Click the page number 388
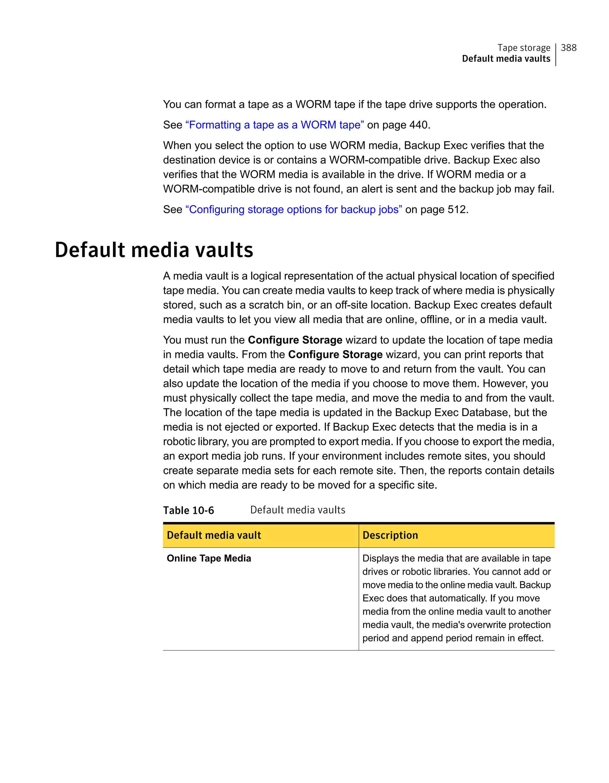pos(569,48)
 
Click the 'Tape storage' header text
pos(524,48)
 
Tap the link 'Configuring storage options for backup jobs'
pos(293,209)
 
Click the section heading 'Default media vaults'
pos(154,250)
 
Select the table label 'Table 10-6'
pos(189,510)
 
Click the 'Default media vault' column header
pos(214,535)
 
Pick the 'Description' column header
pos(390,535)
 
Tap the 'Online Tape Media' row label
pos(209,558)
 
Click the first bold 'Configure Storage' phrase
pos(295,340)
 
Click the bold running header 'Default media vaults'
pos(506,59)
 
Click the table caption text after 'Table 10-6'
pos(297,510)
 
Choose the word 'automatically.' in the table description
pos(457,598)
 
